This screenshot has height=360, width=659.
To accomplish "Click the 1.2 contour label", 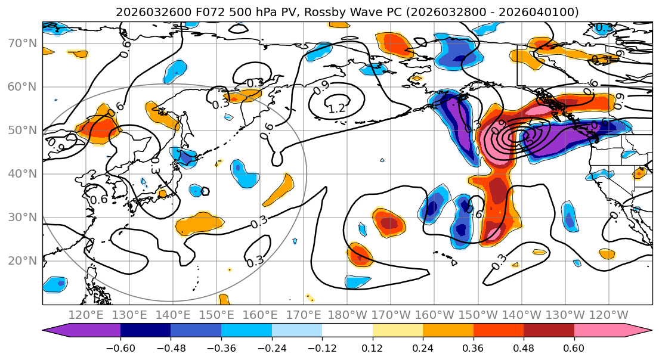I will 337,108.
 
